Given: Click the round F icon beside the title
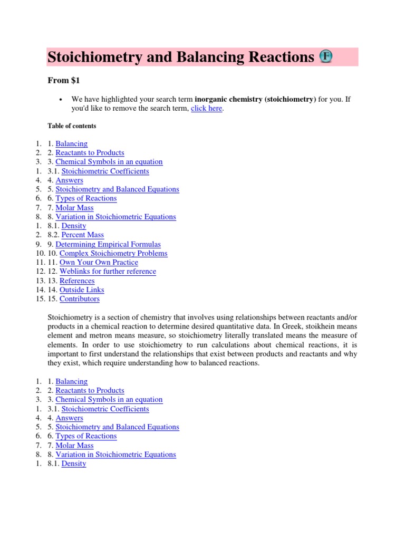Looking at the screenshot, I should (325, 57).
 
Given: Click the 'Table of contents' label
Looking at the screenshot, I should (72, 126).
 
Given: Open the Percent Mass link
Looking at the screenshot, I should (83, 235).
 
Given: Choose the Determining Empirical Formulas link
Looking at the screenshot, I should (108, 244).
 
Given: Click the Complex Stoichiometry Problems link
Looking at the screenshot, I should (113, 253).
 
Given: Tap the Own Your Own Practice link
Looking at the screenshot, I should (99, 262).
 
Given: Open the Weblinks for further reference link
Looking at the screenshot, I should (108, 271).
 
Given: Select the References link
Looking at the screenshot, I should (77, 281).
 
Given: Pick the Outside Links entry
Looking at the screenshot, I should (82, 290).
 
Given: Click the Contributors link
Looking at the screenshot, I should (79, 298).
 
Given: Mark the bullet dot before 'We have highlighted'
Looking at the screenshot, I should (62, 100).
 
